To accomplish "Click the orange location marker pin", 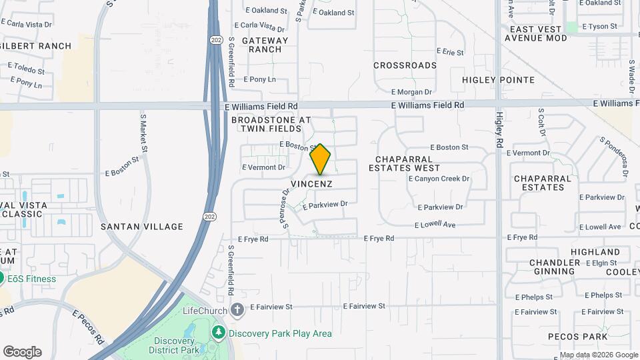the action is click(x=321, y=159).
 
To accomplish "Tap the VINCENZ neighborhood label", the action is click(x=311, y=183).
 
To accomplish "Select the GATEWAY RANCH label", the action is click(x=265, y=45).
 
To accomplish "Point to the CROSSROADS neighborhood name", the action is click(x=405, y=65).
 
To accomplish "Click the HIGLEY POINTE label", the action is click(x=498, y=80).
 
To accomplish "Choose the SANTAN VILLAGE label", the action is click(x=141, y=227).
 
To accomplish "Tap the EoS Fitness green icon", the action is click(x=2, y=279).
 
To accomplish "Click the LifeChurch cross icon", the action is click(x=237, y=310).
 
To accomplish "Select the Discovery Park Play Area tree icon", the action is click(x=218, y=332).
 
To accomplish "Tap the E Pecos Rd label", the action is click(x=88, y=327).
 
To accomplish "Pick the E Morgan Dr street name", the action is click(x=411, y=92).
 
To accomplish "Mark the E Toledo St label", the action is click(x=26, y=69).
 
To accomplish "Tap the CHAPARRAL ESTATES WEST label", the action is click(x=404, y=164).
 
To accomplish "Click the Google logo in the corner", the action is click(x=22, y=352).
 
